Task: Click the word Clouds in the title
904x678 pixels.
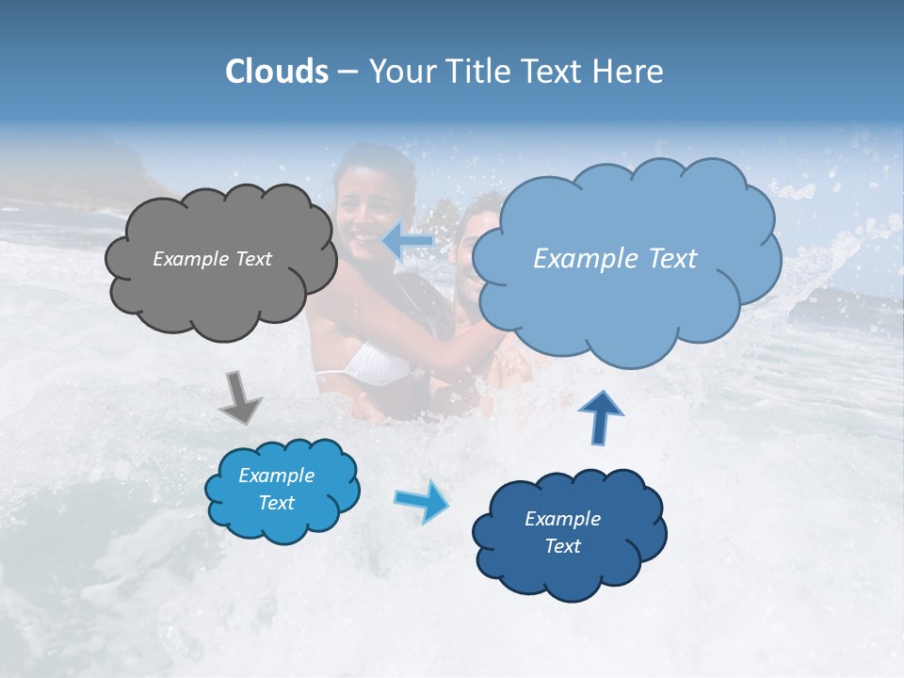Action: (277, 72)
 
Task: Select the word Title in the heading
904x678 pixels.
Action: (479, 72)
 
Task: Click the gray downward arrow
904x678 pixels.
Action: (241, 396)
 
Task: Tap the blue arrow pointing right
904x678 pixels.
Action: (422, 500)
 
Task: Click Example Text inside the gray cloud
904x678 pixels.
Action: (212, 259)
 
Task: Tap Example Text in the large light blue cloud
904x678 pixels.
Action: (615, 259)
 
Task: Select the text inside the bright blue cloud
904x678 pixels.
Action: (277, 490)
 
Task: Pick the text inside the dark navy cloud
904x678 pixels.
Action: (562, 533)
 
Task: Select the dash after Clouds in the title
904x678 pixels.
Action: (347, 73)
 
